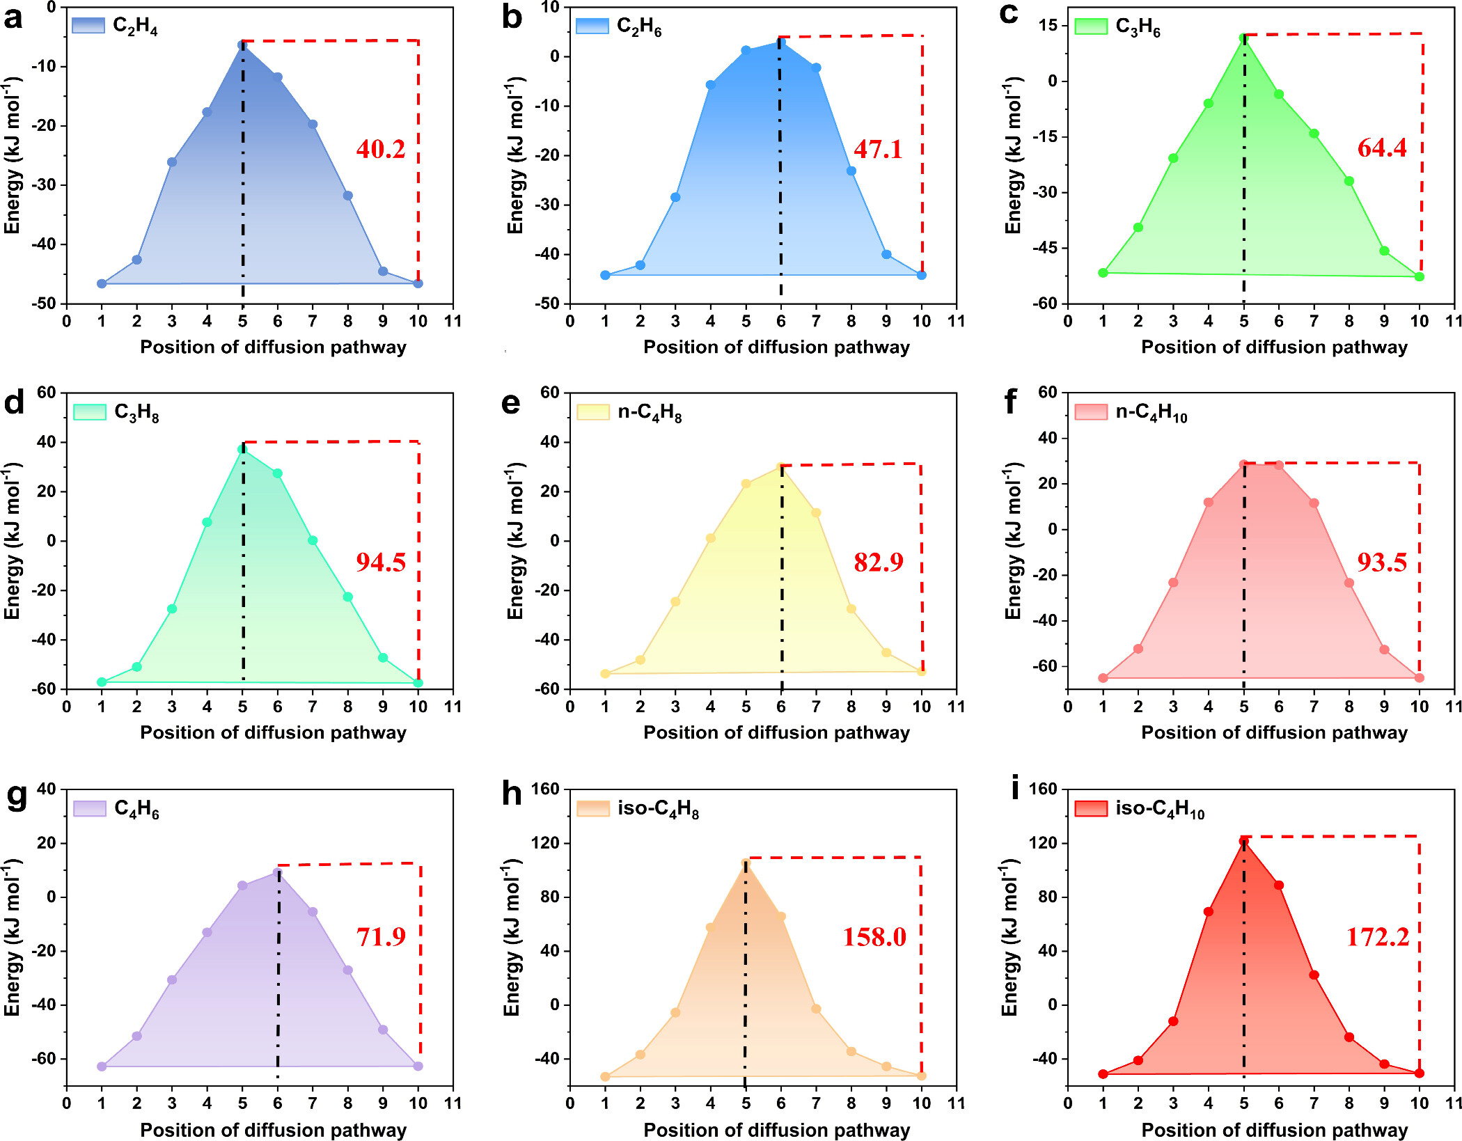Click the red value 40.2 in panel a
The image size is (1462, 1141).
point(380,149)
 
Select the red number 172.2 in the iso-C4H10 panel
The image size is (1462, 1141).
point(1378,937)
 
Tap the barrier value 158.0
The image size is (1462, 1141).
point(874,937)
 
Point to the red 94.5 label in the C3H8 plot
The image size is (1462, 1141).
point(380,562)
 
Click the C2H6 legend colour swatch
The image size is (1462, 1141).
point(592,26)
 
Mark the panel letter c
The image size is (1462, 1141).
point(1009,13)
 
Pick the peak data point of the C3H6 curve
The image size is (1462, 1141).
point(1243,38)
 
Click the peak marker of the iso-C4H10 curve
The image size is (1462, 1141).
point(1243,841)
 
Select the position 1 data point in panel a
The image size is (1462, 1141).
point(102,283)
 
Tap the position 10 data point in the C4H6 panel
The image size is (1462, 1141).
point(418,1066)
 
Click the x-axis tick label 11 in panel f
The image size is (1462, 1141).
point(1454,707)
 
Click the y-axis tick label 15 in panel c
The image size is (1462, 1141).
point(1048,25)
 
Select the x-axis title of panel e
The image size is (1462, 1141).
point(776,732)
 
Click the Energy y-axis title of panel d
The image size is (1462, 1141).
point(13,540)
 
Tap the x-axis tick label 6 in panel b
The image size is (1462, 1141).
point(781,321)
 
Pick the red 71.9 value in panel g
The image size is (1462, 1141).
point(381,937)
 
